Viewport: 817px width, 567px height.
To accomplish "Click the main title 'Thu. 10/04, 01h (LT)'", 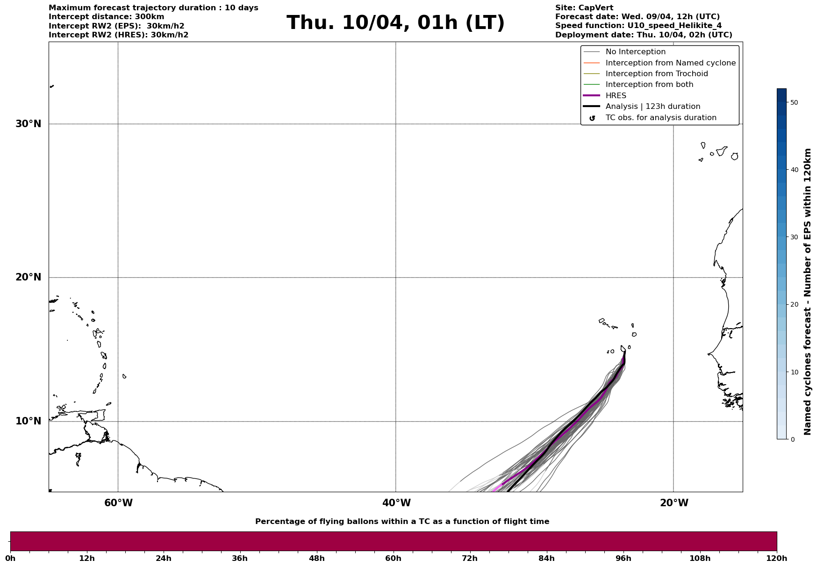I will point(395,23).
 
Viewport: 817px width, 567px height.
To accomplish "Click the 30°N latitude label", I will point(29,124).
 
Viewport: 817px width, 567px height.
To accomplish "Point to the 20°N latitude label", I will point(29,277).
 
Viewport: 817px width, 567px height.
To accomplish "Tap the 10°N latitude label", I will point(29,421).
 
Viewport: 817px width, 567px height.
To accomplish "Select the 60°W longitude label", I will point(118,503).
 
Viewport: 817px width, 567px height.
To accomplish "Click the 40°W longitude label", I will point(396,503).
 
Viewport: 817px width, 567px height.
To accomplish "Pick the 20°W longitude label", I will point(674,503).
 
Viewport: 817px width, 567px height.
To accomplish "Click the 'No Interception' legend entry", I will point(635,52).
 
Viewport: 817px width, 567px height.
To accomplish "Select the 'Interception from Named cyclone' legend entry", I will point(670,63).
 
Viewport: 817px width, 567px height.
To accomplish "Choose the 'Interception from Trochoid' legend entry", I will point(656,74).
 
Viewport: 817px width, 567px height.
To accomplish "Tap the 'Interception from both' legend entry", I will point(649,85).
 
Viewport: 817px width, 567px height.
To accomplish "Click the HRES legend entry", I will point(616,96).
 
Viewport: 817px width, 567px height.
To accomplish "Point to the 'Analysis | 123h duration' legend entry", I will point(652,107).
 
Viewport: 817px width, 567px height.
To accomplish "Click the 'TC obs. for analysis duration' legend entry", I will point(660,118).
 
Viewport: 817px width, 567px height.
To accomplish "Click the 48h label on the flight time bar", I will point(316,559).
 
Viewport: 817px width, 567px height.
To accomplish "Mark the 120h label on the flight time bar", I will point(777,559).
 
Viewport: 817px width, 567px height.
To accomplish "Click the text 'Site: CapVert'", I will point(584,8).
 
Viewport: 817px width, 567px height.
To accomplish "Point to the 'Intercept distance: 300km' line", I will point(107,17).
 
